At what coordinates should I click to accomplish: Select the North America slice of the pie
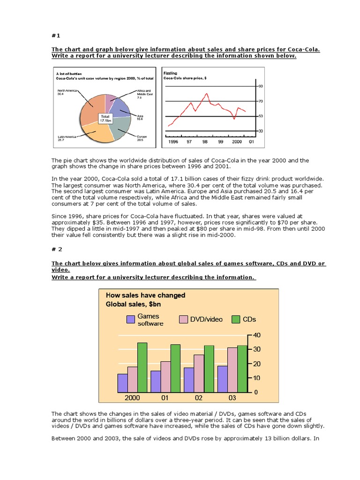coord(91,109)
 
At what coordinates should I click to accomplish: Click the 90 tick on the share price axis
coord(260,87)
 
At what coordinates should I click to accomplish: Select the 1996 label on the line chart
coord(173,141)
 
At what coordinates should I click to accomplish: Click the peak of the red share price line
coord(207,93)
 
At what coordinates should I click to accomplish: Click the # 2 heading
coord(56,251)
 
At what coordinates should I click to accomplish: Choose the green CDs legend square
coord(235,320)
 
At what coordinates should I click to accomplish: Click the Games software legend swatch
coord(130,320)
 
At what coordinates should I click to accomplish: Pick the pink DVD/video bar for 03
coord(232,369)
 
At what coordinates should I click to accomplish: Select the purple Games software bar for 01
coord(155,382)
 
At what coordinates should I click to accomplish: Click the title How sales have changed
coord(146,295)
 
